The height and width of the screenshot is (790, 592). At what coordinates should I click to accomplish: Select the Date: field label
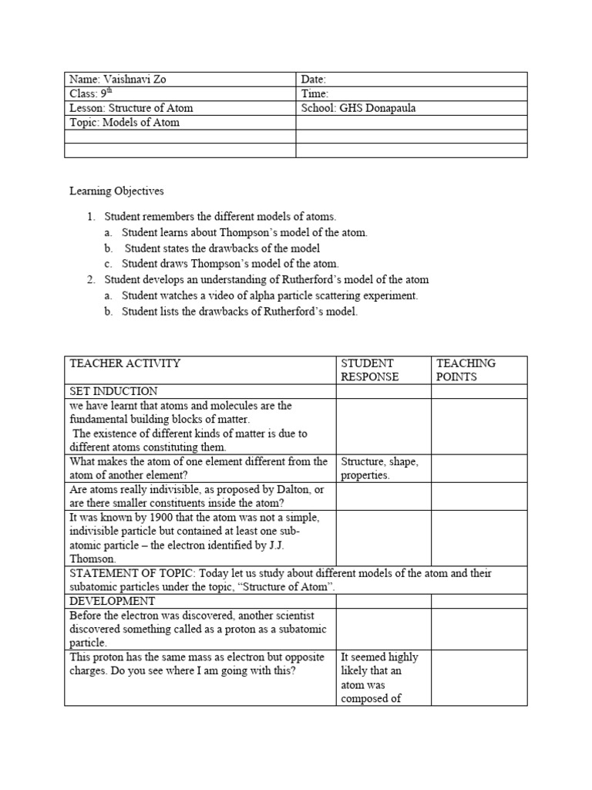(x=314, y=79)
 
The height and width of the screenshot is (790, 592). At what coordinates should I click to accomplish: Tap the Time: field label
(x=314, y=94)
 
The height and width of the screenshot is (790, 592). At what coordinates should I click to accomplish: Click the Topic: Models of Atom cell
(x=124, y=123)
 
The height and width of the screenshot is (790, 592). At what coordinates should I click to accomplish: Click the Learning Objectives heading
(x=116, y=191)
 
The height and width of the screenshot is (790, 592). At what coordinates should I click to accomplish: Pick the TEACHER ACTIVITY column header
(x=125, y=363)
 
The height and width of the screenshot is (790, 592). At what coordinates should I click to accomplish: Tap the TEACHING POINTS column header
(x=466, y=370)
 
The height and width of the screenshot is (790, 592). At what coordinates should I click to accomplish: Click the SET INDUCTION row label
(x=113, y=391)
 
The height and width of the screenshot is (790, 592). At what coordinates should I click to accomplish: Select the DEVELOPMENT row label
(x=112, y=601)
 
